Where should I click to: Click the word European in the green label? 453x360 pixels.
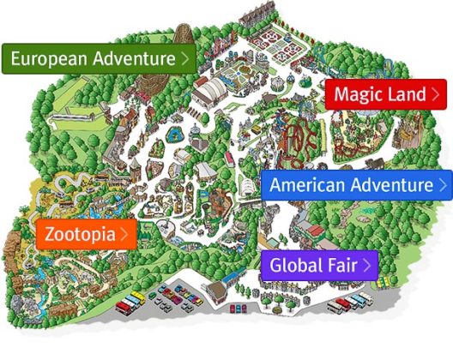coord(45,59)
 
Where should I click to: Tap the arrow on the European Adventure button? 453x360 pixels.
coord(184,59)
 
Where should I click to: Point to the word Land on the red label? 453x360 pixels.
coord(406,94)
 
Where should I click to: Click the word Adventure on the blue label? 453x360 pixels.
coord(390,184)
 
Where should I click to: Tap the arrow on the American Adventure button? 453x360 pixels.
coord(443,184)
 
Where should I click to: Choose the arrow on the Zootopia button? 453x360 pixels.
coord(125,233)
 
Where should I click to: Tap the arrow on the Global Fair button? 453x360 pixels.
coord(367,264)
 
